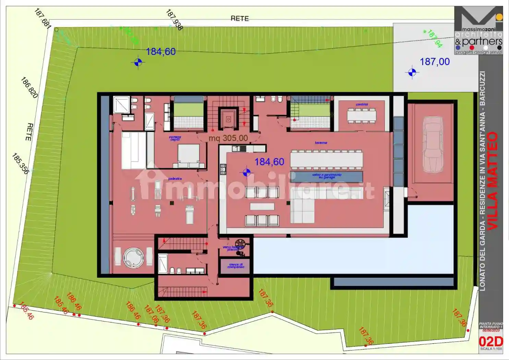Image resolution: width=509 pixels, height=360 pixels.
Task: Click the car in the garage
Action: tap(432, 145)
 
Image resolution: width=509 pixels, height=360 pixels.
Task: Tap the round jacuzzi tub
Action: tap(134, 257)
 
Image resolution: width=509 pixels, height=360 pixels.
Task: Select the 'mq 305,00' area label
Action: tap(228, 138)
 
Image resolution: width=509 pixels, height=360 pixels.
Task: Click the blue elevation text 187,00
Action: tap(435, 62)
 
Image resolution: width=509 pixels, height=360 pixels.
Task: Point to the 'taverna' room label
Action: tap(321, 143)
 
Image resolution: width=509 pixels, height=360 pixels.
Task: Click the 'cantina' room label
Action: tap(362, 104)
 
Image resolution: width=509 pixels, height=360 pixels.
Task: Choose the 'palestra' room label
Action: tap(175, 179)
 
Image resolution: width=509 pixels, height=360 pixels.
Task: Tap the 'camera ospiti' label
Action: tap(175, 138)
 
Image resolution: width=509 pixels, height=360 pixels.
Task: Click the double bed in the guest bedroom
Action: tap(188, 156)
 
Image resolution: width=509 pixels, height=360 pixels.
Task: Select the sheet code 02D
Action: tap(490, 341)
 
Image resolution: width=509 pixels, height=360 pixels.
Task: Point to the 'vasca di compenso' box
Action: tap(235, 266)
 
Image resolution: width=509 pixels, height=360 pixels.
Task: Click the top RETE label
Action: tap(240, 19)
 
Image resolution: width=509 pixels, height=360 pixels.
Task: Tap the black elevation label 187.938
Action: tap(174, 20)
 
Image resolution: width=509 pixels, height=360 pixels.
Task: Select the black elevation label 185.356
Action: tap(20, 164)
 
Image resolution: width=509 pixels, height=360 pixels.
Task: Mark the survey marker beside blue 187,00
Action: tap(412, 72)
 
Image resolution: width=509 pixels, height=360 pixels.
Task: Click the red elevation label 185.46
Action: tap(26, 311)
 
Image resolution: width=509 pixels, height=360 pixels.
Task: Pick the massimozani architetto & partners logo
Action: tap(478, 31)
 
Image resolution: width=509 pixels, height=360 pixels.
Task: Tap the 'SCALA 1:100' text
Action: tap(491, 349)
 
